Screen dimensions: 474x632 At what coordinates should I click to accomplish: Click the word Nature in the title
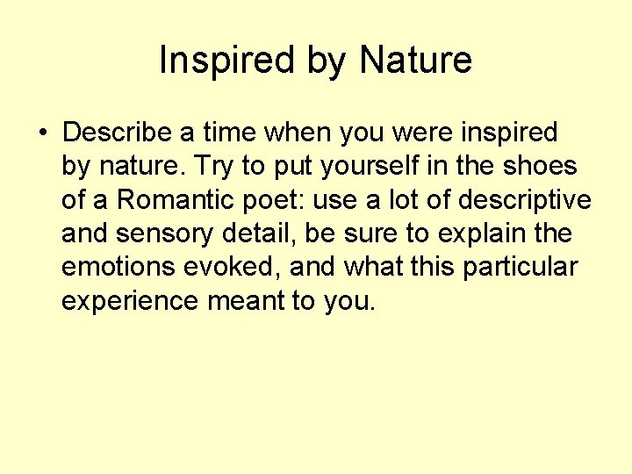pyautogui.click(x=416, y=61)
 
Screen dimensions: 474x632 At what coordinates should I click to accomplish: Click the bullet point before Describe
pyautogui.click(x=42, y=133)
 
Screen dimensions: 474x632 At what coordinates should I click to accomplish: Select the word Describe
pyautogui.click(x=118, y=133)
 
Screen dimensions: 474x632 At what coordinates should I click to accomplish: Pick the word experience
pyautogui.click(x=130, y=302)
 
